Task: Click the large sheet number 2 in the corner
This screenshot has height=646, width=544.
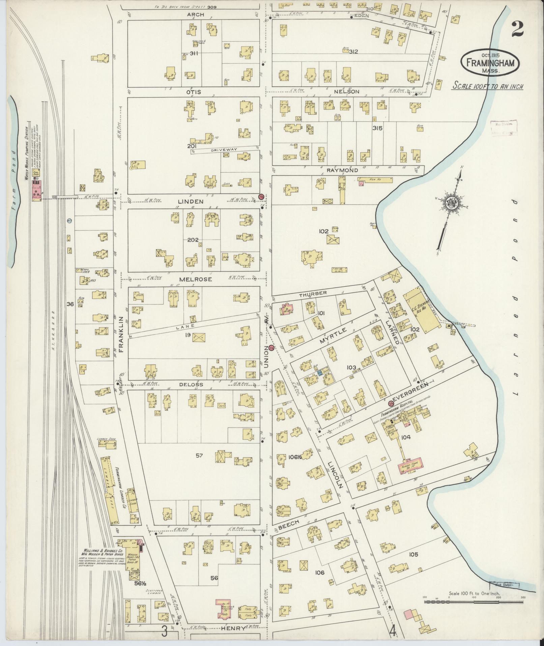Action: [x=517, y=29]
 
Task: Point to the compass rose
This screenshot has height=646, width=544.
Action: [x=452, y=203]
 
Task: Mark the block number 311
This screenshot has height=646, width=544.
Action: [x=194, y=53]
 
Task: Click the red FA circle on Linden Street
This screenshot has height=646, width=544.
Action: [x=261, y=197]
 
